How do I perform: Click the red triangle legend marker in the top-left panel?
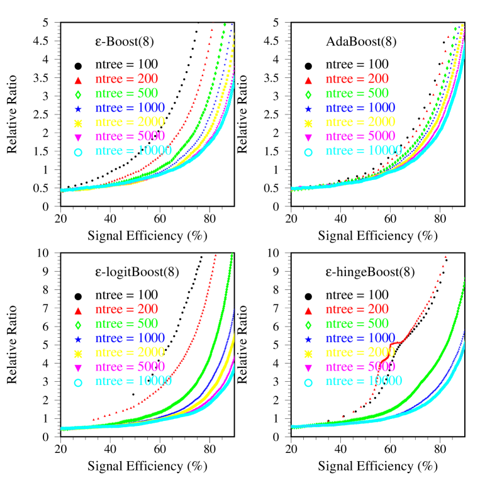click(x=79, y=80)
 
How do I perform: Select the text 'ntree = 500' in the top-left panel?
click(x=126, y=94)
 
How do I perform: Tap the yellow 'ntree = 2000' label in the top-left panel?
click(x=130, y=122)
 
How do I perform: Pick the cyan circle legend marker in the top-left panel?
click(x=79, y=152)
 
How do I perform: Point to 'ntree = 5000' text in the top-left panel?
click(x=130, y=137)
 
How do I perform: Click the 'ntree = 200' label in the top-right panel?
click(x=357, y=79)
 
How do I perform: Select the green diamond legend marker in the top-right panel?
click(x=308, y=94)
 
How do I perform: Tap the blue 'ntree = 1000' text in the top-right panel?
click(x=360, y=108)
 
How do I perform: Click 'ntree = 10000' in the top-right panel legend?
click(x=363, y=151)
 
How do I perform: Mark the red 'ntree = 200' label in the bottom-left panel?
click(x=126, y=310)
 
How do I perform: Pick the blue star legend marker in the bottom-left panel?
click(x=79, y=339)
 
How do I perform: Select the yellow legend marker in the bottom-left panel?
click(x=79, y=353)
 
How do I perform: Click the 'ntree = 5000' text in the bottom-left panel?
click(x=130, y=367)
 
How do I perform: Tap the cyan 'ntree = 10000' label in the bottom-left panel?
click(x=133, y=381)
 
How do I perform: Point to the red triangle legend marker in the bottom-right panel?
click(x=308, y=310)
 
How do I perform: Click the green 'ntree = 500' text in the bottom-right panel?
click(x=357, y=324)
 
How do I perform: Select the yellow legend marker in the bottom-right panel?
click(x=308, y=353)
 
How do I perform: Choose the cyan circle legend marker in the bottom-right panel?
click(x=308, y=382)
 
